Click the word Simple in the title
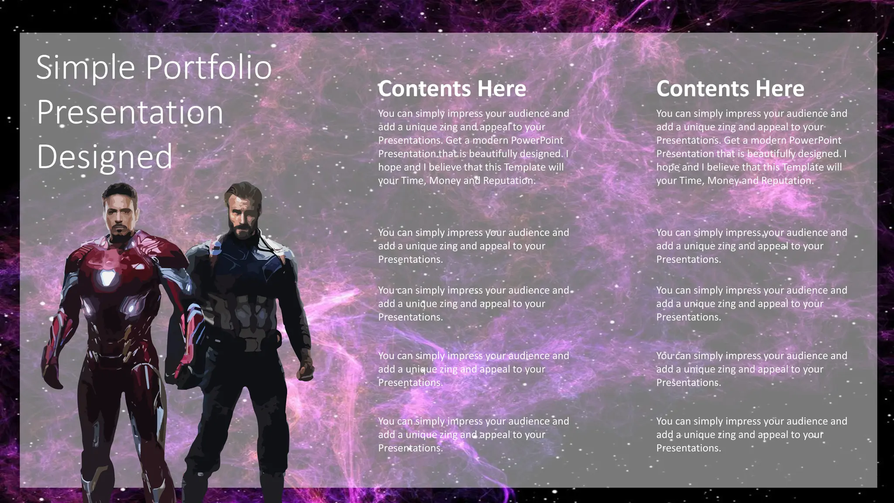tap(86, 68)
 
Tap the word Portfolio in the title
tap(208, 68)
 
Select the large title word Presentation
tap(130, 112)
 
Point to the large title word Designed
tap(104, 157)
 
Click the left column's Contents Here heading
tap(452, 89)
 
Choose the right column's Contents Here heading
tap(730, 89)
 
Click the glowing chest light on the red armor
tap(107, 277)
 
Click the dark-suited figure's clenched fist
tap(306, 371)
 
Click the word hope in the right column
tap(667, 167)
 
